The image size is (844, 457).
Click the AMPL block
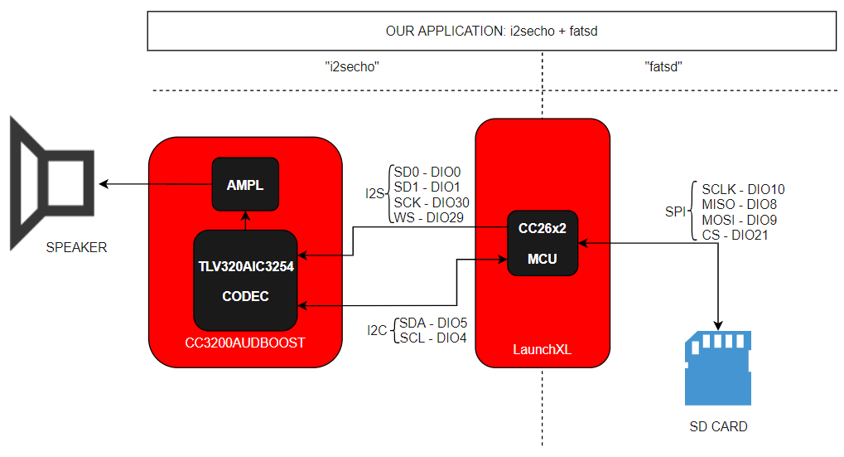pyautogui.click(x=245, y=184)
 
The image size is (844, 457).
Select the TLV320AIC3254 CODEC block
pyautogui.click(x=245, y=280)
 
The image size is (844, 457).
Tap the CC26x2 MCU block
pyautogui.click(x=543, y=243)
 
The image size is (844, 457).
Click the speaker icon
pyautogui.click(x=52, y=183)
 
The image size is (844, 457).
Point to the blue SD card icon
pyautogui.click(x=718, y=368)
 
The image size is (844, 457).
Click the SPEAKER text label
pyautogui.click(x=76, y=247)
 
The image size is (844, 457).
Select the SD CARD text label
pyautogui.click(x=719, y=427)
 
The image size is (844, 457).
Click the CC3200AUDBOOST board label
pyautogui.click(x=245, y=343)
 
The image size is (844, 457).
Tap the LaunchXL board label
pyautogui.click(x=542, y=350)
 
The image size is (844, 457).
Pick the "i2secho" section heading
pyautogui.click(x=352, y=67)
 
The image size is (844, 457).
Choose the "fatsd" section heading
pyautogui.click(x=663, y=67)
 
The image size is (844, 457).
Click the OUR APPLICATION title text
pyautogui.click(x=491, y=32)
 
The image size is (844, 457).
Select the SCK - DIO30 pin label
pyautogui.click(x=432, y=202)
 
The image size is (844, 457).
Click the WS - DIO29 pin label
pyautogui.click(x=429, y=218)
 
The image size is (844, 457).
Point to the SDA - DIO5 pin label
pyautogui.click(x=433, y=323)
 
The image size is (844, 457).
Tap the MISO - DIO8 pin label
pyautogui.click(x=739, y=204)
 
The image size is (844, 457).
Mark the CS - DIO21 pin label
pyautogui.click(x=735, y=235)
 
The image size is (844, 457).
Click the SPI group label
pyautogui.click(x=676, y=211)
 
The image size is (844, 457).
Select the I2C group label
pyautogui.click(x=378, y=330)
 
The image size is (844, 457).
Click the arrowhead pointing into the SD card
pyautogui.click(x=718, y=325)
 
